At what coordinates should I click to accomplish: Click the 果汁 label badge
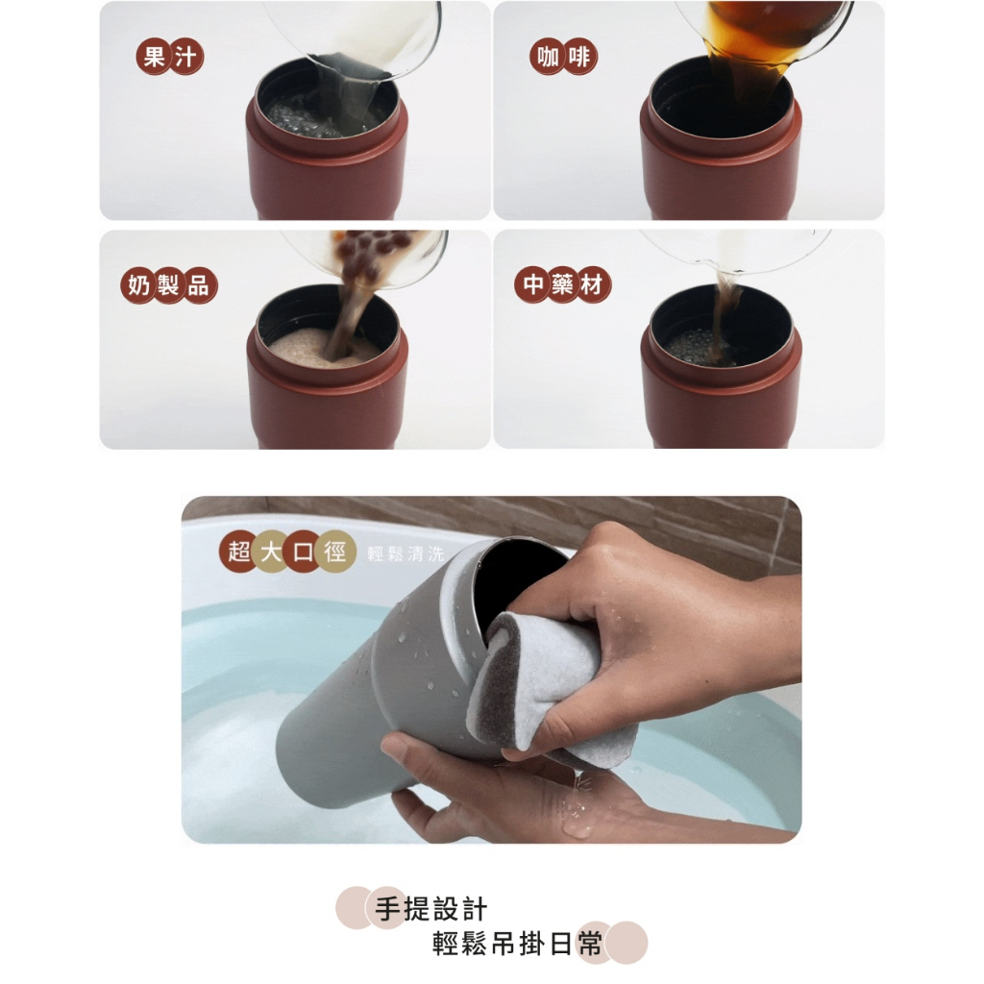(x=169, y=57)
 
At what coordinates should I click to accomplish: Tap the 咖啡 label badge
(x=563, y=57)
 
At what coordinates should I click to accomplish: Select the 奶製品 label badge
(x=169, y=285)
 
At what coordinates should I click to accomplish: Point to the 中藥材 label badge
(x=562, y=284)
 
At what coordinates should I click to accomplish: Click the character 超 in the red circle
(x=239, y=553)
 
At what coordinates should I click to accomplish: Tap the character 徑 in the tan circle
(x=335, y=553)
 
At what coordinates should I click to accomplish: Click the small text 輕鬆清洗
(x=406, y=553)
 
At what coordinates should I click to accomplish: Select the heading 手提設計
(x=430, y=909)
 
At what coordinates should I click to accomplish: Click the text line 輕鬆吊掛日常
(x=518, y=944)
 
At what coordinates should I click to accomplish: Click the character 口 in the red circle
(x=303, y=553)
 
